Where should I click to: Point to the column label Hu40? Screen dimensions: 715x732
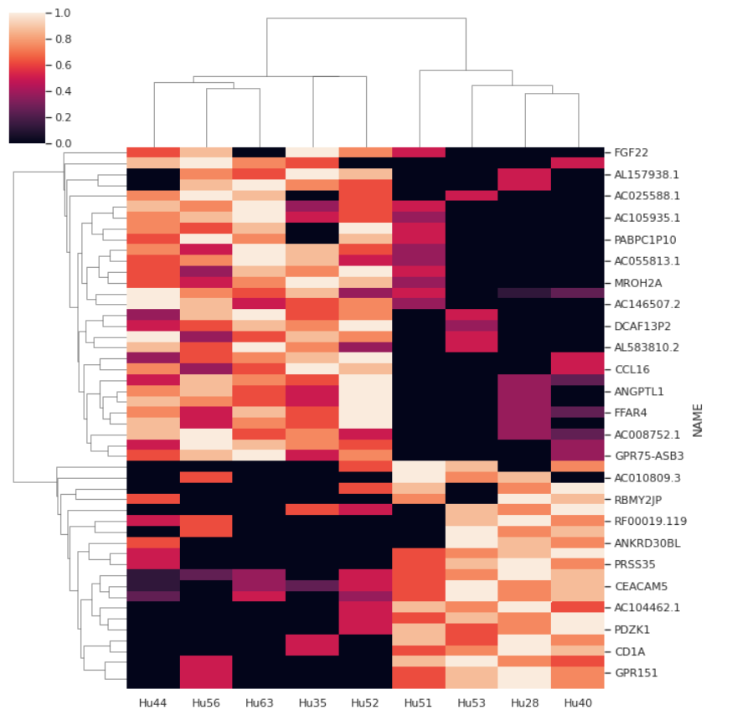pyautogui.click(x=577, y=702)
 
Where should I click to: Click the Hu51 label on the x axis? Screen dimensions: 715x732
pyautogui.click(x=418, y=702)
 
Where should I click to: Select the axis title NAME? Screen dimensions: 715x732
pyautogui.click(x=697, y=419)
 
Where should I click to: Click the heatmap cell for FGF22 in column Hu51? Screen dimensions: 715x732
pyautogui.click(x=418, y=152)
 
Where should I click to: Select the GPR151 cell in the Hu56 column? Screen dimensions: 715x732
pyautogui.click(x=206, y=672)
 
